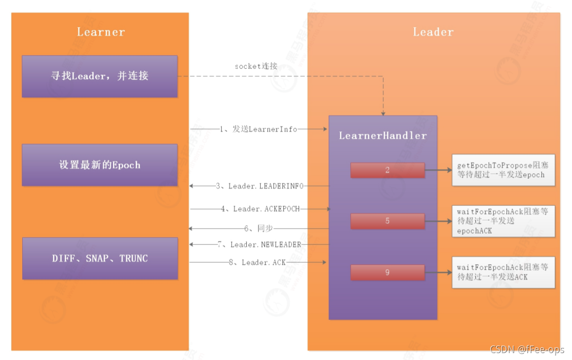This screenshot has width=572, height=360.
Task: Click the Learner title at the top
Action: (x=101, y=32)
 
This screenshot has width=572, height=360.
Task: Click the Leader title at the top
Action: (x=433, y=32)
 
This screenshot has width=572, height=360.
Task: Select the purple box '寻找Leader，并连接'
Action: (x=100, y=76)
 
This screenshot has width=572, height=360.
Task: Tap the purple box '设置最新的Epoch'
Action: (x=100, y=165)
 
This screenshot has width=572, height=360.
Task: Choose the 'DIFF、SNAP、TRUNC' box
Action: (x=100, y=258)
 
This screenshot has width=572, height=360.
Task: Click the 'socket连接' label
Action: (x=256, y=66)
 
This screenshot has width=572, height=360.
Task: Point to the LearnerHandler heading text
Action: (x=382, y=135)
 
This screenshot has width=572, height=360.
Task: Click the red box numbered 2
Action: (x=387, y=170)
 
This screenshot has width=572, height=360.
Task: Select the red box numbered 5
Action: (x=387, y=221)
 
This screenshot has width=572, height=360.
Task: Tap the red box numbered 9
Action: (x=387, y=272)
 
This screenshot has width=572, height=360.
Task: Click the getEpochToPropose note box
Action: (x=503, y=170)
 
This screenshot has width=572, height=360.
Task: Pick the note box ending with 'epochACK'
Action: (x=503, y=221)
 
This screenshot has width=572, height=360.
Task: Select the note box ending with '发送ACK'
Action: (x=503, y=272)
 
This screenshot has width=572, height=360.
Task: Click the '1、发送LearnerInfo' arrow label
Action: (x=259, y=129)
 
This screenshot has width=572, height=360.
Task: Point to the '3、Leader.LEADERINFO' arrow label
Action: (x=260, y=186)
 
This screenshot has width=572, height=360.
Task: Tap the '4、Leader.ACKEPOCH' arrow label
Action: (x=260, y=209)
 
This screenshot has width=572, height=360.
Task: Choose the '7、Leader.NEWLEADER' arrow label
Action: (x=260, y=244)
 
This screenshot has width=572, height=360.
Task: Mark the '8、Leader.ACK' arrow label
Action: (x=257, y=263)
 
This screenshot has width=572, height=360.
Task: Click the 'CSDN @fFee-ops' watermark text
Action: (x=527, y=349)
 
